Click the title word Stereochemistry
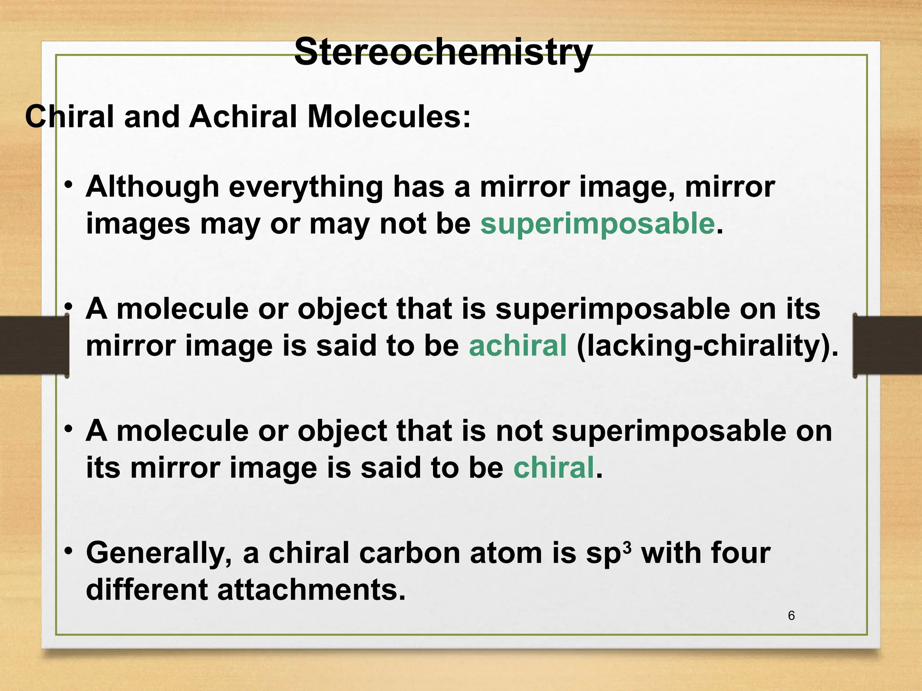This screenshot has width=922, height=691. [443, 53]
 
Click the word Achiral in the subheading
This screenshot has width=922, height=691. [243, 117]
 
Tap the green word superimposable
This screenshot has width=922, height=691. [597, 224]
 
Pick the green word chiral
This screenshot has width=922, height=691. [554, 467]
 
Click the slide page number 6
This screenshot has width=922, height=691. [791, 616]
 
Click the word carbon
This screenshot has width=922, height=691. [410, 553]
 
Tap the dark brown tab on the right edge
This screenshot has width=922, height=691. [887, 345]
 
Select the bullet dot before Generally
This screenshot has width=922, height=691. [68, 551]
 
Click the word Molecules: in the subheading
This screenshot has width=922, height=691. [389, 117]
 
